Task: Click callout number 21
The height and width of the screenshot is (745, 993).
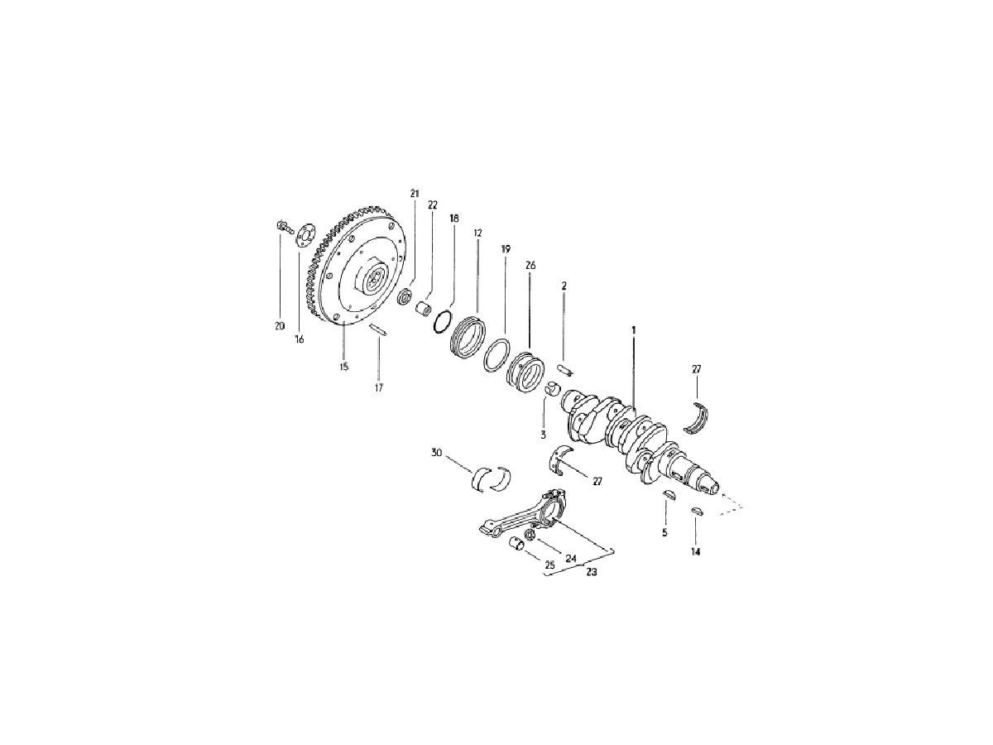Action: coord(415,194)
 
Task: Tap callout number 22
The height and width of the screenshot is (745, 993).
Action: coord(433,205)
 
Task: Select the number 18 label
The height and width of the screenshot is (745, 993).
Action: coord(454,219)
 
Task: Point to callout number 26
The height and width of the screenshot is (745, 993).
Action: coord(530,266)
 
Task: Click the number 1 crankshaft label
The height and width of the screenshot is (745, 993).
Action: coord(634,330)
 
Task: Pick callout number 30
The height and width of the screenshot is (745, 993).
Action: coord(436,453)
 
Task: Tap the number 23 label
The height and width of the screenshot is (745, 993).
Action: coord(592,572)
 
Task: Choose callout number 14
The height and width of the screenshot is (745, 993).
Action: coord(695,552)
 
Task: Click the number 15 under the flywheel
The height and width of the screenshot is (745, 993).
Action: coord(343,367)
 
